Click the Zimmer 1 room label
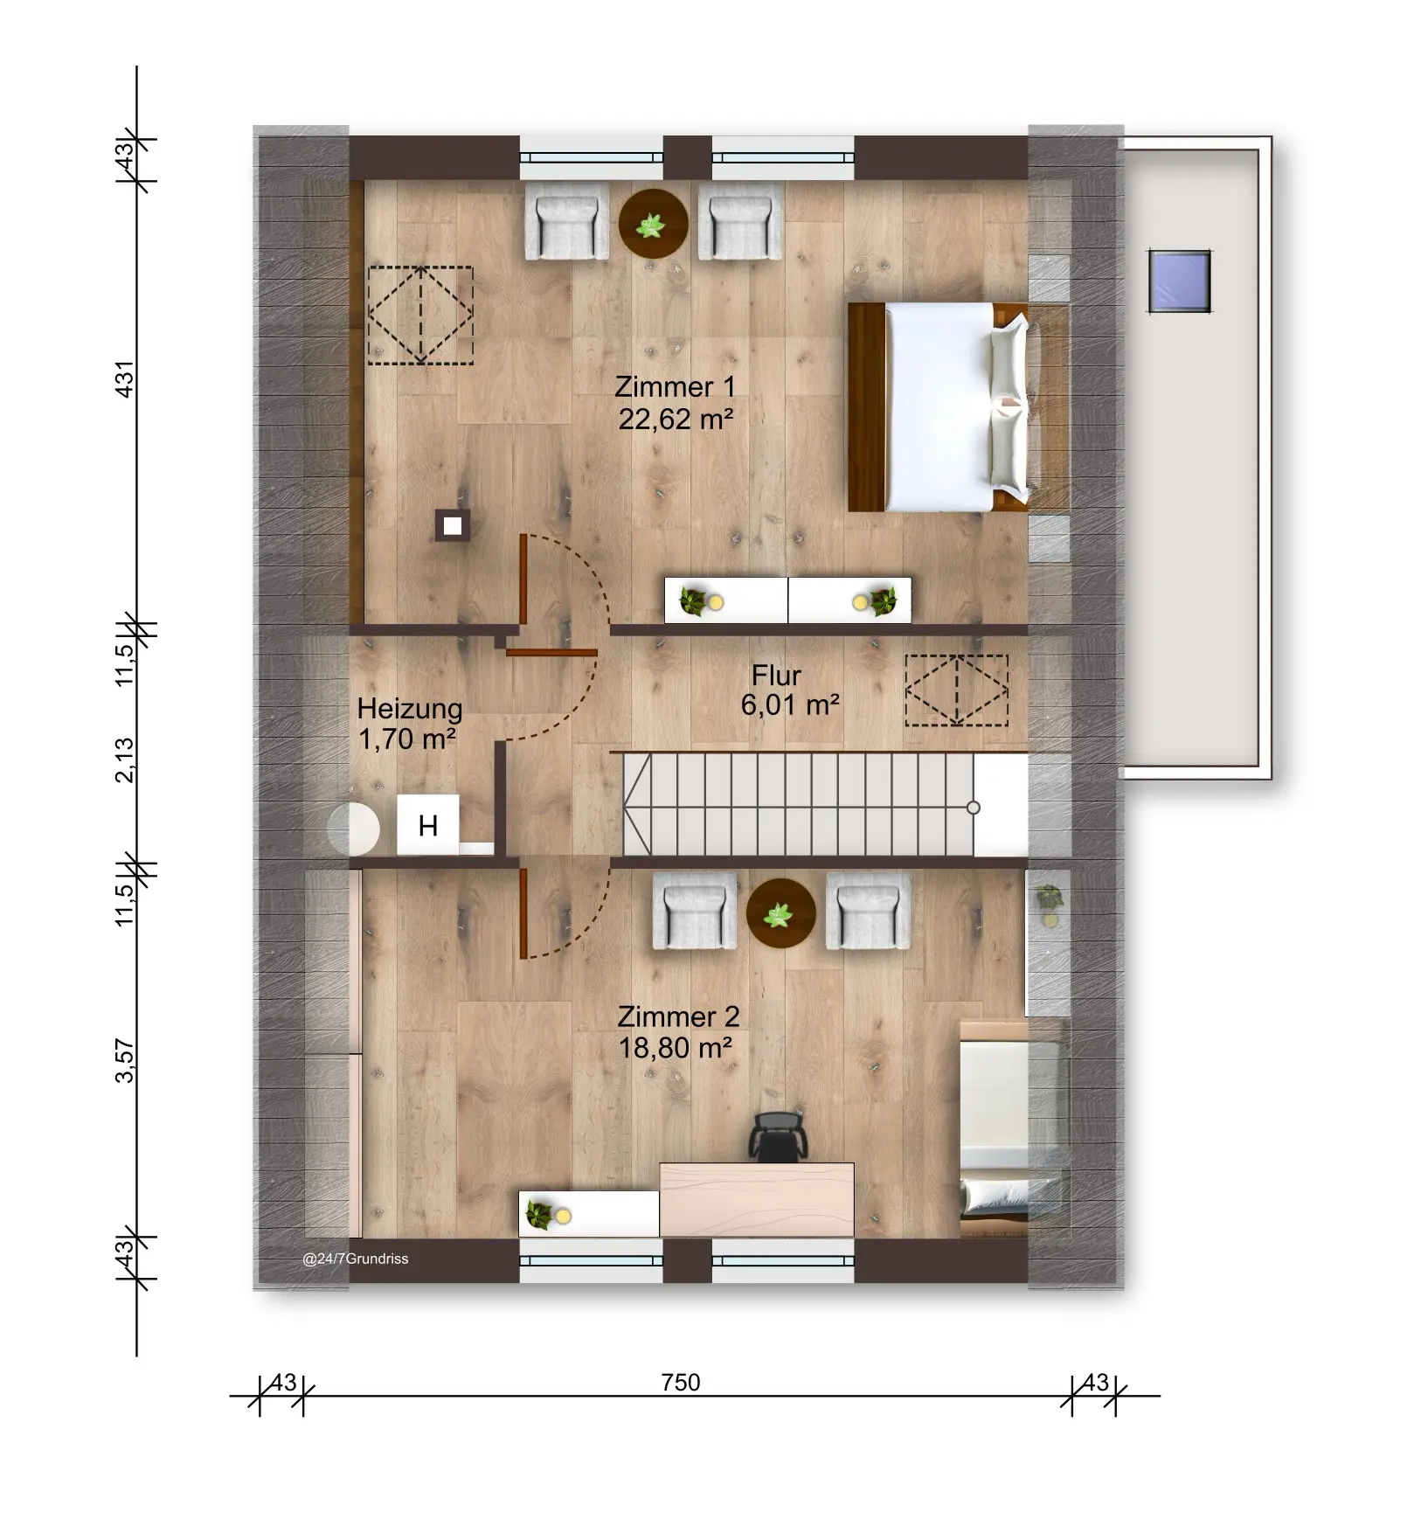click(x=675, y=386)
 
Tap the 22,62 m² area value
click(x=675, y=420)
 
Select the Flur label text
click(x=776, y=676)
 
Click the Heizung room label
click(x=409, y=708)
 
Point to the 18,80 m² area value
click(x=675, y=1047)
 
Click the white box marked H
click(x=427, y=825)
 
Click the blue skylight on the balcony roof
click(x=1180, y=281)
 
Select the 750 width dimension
click(x=681, y=1382)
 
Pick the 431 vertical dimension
click(x=126, y=379)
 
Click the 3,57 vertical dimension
click(x=126, y=1061)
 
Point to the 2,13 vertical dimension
click(x=126, y=760)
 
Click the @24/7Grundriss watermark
click(x=355, y=1259)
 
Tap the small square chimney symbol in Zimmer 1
click(x=452, y=526)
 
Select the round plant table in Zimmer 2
click(x=780, y=913)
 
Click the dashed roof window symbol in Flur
click(x=956, y=690)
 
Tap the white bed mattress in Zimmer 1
click(x=939, y=406)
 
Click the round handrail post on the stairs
click(x=974, y=808)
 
